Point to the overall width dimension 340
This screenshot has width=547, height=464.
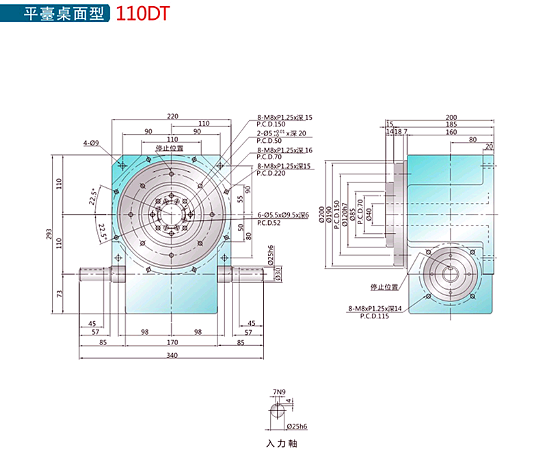coord(172,355)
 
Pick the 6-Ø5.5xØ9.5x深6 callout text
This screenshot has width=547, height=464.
coord(283,215)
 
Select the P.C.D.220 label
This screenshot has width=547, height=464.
coord(273,174)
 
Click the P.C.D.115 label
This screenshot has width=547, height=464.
coord(370,317)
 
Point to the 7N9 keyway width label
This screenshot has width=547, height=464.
coord(278,392)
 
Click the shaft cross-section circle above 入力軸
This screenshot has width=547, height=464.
coord(279,411)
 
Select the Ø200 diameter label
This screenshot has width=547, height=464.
coord(320,213)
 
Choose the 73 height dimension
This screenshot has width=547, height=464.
coord(59,295)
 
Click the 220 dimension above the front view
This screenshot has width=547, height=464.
coord(172,116)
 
